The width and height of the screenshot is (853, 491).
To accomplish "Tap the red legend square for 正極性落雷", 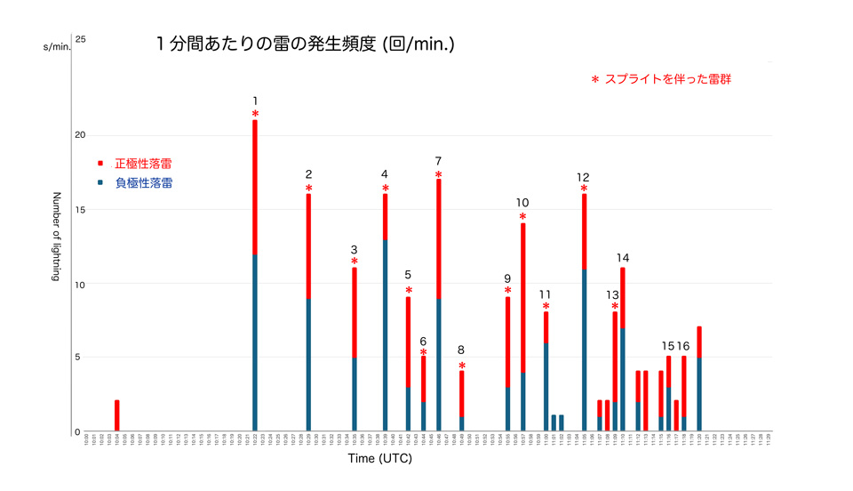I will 100,164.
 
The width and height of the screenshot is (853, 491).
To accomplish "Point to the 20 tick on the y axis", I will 80,135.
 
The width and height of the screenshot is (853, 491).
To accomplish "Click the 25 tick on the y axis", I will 80,39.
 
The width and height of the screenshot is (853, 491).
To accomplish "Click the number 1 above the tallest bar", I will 255,101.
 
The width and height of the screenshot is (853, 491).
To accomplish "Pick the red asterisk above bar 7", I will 439,174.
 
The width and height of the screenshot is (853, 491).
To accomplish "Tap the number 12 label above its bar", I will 583,176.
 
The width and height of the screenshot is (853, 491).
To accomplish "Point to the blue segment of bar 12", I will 584,350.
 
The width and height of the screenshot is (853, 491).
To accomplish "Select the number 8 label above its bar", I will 461,350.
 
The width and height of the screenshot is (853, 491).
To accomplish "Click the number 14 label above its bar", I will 623,258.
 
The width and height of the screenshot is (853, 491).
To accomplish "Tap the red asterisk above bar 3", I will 354,262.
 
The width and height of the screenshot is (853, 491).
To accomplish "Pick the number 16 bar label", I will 683,346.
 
